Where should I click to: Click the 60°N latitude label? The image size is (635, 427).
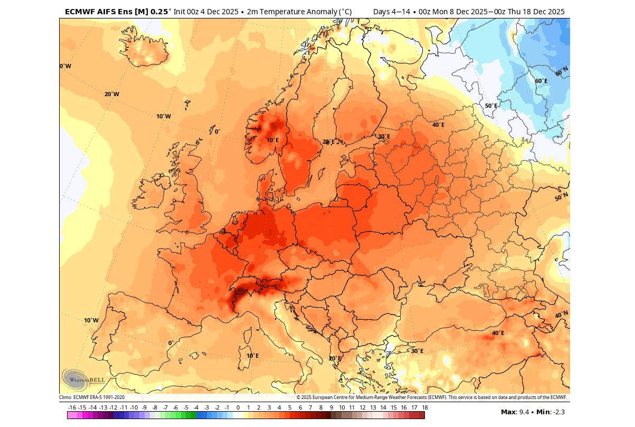562,70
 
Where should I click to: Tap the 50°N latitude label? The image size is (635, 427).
562,197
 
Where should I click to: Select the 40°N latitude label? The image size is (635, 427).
562,314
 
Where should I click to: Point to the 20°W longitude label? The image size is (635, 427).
111,94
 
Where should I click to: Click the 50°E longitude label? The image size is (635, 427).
491,106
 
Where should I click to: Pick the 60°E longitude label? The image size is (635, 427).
541,81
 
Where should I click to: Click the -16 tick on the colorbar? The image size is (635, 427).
72,407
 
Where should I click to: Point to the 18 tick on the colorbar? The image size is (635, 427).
424,407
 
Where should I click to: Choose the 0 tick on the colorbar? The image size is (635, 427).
238,407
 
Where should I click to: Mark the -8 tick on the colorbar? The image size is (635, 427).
155,407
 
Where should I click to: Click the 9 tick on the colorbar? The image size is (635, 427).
331,407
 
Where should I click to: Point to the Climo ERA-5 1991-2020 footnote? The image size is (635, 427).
92,397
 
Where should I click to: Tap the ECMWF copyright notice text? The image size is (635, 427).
432,397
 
